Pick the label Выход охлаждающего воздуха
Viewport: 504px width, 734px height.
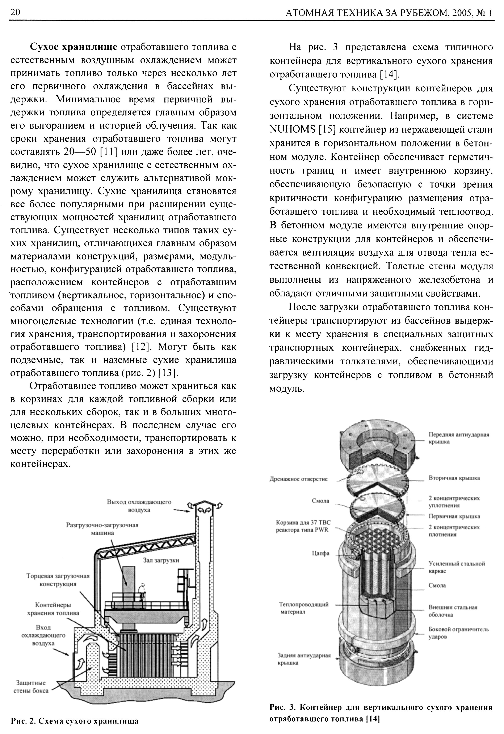tap(139, 506)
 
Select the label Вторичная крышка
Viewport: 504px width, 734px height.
tap(454, 478)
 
